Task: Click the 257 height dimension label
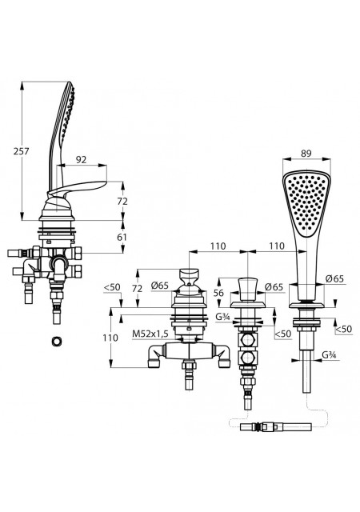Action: pyautogui.click(x=22, y=151)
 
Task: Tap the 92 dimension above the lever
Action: pyautogui.click(x=81, y=160)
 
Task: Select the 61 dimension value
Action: pyautogui.click(x=122, y=237)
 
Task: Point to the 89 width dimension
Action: pyautogui.click(x=306, y=153)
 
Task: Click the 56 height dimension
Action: pyautogui.click(x=218, y=293)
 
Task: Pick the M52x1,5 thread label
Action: pyautogui.click(x=150, y=334)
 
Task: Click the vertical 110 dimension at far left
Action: pyautogui.click(x=110, y=338)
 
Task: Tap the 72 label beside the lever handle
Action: pyautogui.click(x=122, y=202)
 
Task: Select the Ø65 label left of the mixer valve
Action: pyautogui.click(x=160, y=286)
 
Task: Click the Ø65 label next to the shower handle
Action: pyautogui.click(x=335, y=278)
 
